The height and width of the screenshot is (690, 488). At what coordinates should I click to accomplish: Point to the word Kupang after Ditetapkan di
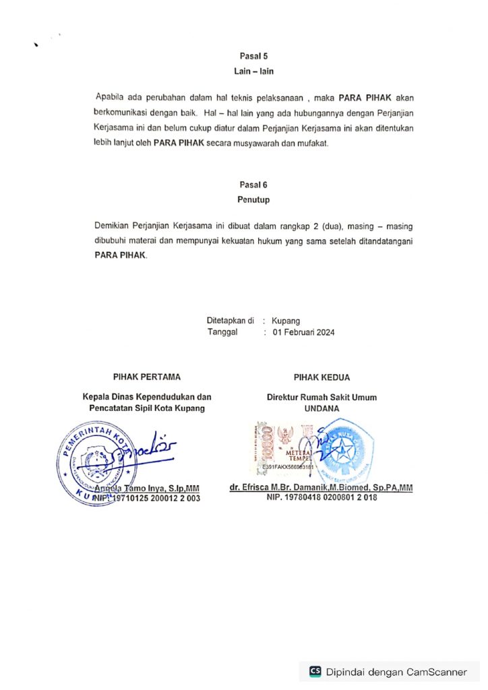[286, 321]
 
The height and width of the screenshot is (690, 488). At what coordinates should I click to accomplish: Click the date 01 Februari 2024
[303, 332]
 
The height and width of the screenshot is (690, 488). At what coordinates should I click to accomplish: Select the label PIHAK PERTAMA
[146, 377]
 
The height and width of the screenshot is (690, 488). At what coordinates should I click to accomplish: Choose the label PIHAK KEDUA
[322, 377]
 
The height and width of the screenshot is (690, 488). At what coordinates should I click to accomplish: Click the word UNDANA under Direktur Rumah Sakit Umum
[322, 408]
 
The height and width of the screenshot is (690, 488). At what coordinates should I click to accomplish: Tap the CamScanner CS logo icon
[315, 671]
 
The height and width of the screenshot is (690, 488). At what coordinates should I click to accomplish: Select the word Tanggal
[223, 332]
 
